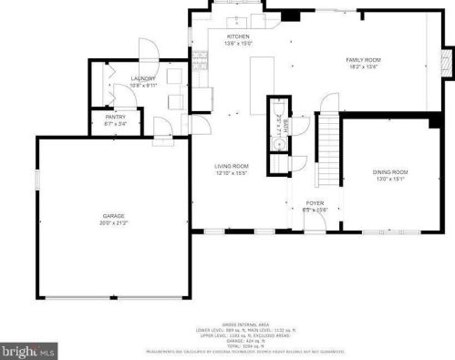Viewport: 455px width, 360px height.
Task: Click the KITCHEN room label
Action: click(x=238, y=36)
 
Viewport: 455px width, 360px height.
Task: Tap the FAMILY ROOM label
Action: click(x=362, y=59)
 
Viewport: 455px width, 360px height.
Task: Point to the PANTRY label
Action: click(x=116, y=117)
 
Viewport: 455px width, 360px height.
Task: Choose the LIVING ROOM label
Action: click(x=232, y=166)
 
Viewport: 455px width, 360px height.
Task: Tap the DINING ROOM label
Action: click(x=389, y=171)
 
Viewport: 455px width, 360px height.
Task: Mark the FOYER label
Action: click(x=315, y=203)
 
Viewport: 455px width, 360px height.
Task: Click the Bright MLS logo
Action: click(x=28, y=349)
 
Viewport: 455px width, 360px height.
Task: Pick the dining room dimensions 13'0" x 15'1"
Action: click(x=389, y=178)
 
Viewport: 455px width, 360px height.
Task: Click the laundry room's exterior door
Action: click(x=147, y=50)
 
